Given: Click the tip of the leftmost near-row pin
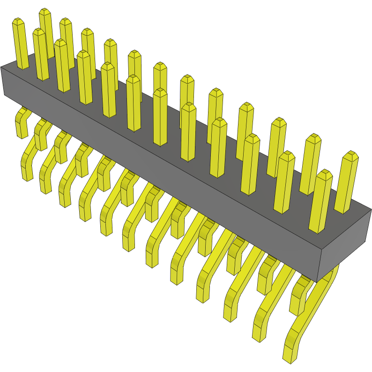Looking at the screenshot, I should (x=18, y=22).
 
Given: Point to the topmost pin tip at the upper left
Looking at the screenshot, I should (x=45, y=11).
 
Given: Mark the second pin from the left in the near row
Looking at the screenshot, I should (x=40, y=54).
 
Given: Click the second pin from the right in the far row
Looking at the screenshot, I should (x=311, y=164).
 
